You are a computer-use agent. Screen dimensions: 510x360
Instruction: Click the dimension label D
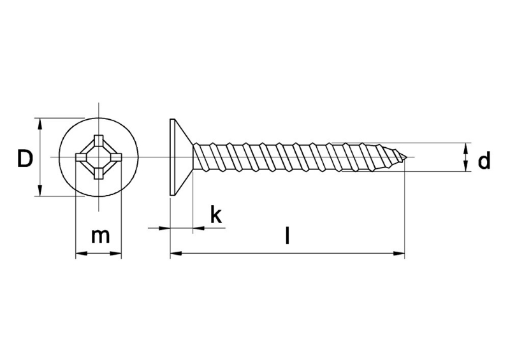coord(25,159)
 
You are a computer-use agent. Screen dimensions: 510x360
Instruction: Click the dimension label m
coord(100,236)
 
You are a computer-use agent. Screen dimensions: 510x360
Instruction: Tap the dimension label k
coord(216,214)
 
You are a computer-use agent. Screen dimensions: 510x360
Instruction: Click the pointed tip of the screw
coord(407,157)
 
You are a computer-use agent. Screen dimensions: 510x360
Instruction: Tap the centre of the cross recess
coord(99,157)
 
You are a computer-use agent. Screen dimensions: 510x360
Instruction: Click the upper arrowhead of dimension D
coord(40,124)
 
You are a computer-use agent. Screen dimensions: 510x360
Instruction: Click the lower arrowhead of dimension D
coord(40,191)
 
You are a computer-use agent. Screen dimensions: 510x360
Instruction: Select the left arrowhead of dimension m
coord(82,254)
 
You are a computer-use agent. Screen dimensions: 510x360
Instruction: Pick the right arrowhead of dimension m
coord(115,254)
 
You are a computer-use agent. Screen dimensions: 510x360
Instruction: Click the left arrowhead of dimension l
coord(176,253)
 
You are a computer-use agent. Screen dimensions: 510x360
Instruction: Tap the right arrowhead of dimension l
coord(399,253)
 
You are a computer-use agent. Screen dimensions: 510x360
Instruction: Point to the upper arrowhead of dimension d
coord(467,148)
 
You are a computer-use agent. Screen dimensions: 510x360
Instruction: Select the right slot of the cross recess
coord(115,157)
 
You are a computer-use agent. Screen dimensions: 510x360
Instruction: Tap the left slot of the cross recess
coord(82,157)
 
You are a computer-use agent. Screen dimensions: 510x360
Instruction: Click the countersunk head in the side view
coord(177,157)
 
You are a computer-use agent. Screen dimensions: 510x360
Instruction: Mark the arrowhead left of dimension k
coord(164,228)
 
